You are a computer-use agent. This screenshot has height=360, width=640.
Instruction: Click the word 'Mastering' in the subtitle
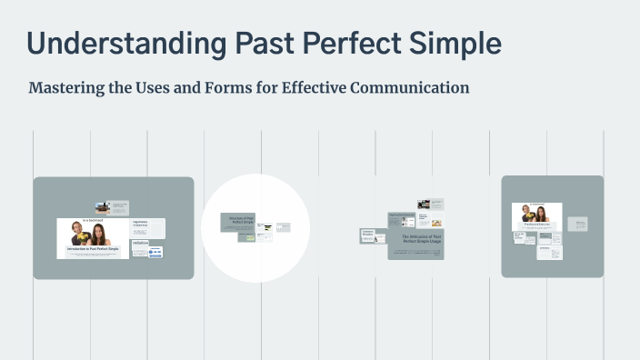pos(65,88)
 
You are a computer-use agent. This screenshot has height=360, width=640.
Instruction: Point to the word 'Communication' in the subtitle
pos(410,88)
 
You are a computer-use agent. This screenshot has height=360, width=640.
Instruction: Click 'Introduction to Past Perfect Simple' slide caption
pos(93,248)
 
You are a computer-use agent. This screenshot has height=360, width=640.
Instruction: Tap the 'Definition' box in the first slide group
pos(140,243)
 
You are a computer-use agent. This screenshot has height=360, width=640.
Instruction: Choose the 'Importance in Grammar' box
pos(141,224)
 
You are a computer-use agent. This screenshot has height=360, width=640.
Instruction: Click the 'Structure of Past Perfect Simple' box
pos(237,219)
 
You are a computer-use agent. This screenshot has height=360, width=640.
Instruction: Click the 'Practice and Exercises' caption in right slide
pos(536,223)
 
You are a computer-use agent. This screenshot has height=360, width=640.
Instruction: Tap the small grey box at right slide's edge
pos(578,224)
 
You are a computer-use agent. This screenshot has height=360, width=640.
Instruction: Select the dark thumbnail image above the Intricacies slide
pos(423,205)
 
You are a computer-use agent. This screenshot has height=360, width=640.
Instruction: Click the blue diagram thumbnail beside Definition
pos(155,252)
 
